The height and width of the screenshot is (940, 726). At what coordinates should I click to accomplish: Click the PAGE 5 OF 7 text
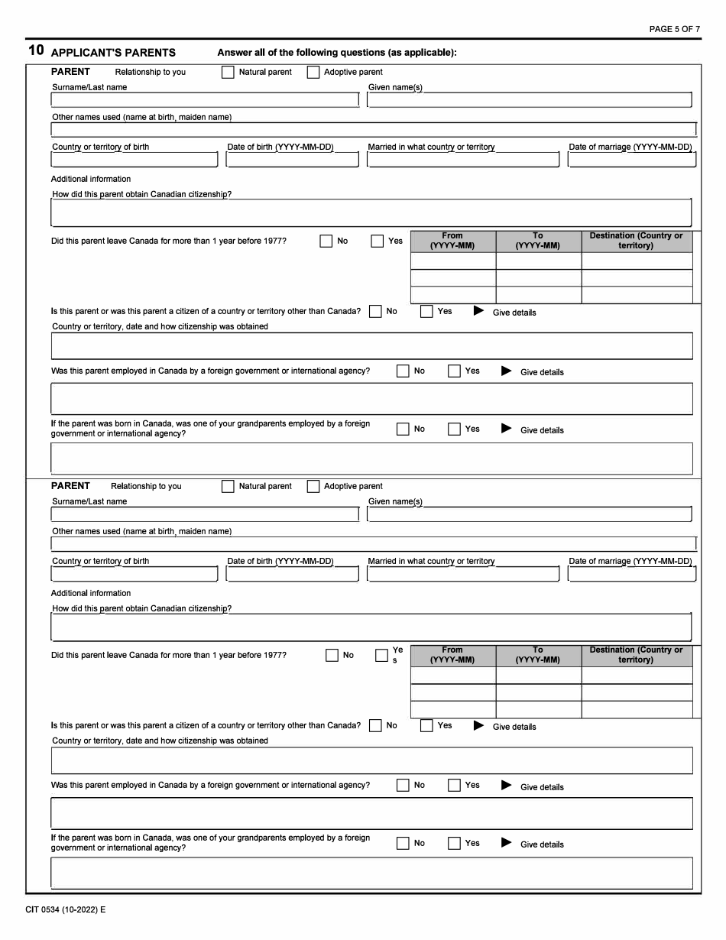[x=674, y=29]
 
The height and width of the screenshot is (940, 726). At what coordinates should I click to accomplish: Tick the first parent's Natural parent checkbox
[x=228, y=73]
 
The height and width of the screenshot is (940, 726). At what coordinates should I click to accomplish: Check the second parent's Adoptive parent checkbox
[x=313, y=487]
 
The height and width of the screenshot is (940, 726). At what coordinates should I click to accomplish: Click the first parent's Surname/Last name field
[x=205, y=100]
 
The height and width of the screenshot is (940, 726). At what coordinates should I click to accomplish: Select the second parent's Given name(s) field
[x=529, y=514]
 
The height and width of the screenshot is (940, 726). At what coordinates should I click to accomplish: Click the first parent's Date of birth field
[x=293, y=160]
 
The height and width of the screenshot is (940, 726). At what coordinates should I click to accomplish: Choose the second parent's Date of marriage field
[x=632, y=574]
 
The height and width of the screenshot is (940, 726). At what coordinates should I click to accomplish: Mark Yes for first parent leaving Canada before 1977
[x=378, y=241]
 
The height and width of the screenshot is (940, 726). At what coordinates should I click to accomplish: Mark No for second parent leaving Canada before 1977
[x=332, y=656]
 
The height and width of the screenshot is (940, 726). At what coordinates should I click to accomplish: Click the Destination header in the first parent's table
[x=636, y=241]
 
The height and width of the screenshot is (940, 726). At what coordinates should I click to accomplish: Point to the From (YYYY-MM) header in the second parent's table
[x=452, y=655]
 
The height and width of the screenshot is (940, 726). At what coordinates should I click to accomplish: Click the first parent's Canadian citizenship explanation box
[x=371, y=212]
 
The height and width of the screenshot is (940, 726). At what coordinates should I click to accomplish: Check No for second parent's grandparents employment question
[x=403, y=844]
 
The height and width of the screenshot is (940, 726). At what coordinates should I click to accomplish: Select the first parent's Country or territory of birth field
[x=135, y=160]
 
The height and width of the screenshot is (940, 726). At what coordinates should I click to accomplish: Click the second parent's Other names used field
[x=374, y=543]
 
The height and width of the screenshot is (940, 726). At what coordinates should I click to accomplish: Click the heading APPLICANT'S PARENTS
[x=113, y=53]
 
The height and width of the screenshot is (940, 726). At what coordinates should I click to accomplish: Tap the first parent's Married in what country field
[x=463, y=160]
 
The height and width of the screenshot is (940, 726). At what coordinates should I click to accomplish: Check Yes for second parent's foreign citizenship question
[x=427, y=726]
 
